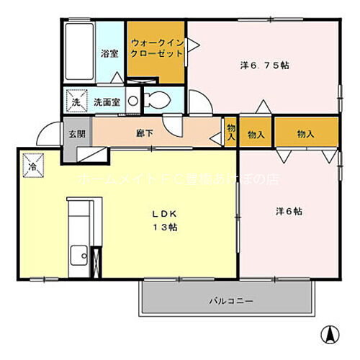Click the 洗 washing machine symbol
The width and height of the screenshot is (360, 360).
click(75, 102)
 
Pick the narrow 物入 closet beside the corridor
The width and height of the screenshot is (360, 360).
click(230, 130)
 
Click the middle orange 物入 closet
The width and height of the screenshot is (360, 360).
click(256, 134)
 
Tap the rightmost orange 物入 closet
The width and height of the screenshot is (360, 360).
click(305, 134)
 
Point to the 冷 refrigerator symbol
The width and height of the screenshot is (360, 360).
click(33, 165)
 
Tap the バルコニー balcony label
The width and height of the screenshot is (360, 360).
click(231, 300)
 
